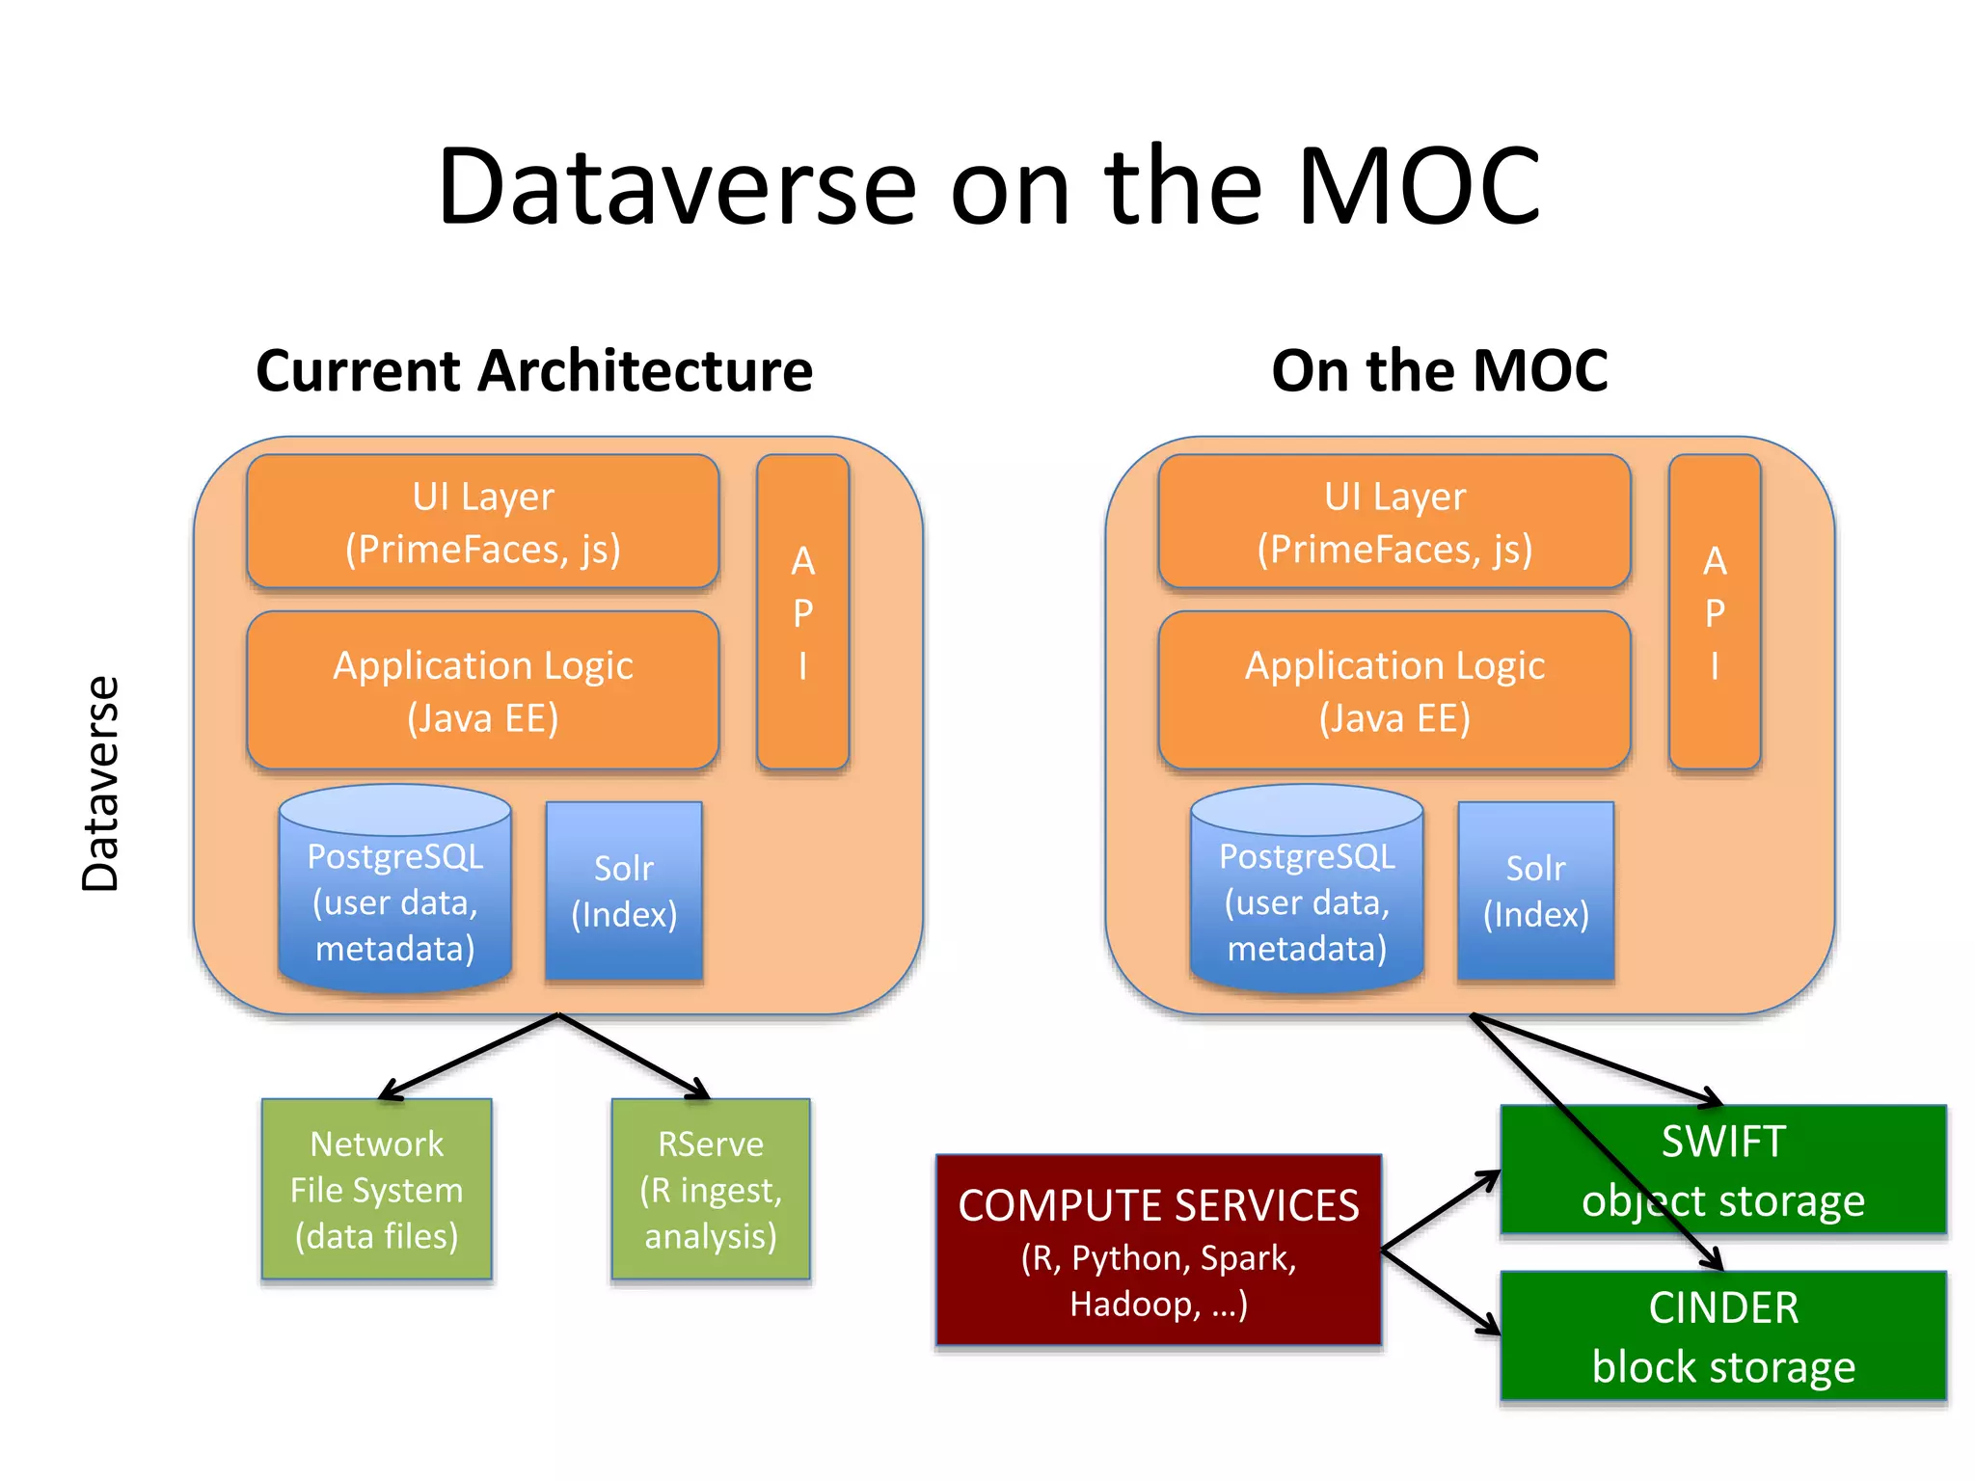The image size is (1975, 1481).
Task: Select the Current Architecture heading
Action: [x=534, y=371]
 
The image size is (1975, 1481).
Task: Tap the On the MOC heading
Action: [x=1439, y=371]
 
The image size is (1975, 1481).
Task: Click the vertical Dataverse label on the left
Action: [x=100, y=783]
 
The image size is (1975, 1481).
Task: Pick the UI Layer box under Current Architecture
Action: [x=482, y=522]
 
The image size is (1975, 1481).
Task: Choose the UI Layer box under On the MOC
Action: [x=1394, y=522]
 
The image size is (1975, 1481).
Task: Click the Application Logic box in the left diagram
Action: [x=482, y=690]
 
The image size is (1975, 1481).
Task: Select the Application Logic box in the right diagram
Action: [x=1394, y=690]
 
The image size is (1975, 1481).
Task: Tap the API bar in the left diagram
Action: [x=802, y=612]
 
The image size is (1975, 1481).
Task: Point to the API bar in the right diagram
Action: [x=1715, y=612]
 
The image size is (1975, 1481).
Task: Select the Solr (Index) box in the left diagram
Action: [x=624, y=891]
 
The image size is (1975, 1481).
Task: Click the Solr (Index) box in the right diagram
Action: [x=1535, y=891]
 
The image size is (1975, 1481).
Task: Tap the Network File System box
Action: [x=376, y=1189]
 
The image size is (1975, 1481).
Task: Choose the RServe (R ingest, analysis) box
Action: [x=711, y=1189]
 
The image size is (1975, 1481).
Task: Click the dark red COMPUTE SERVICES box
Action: [x=1158, y=1250]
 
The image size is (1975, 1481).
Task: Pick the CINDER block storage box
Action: [x=1723, y=1336]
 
